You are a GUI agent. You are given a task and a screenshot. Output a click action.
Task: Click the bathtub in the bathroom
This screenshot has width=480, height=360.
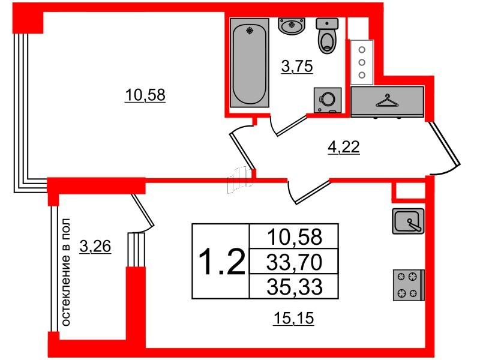click(250, 63)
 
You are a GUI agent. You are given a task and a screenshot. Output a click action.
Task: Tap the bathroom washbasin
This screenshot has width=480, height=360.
click(292, 25)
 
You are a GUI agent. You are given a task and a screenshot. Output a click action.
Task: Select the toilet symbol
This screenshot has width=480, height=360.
click(327, 36)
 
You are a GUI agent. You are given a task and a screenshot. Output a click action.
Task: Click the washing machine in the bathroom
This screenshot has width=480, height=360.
click(328, 100)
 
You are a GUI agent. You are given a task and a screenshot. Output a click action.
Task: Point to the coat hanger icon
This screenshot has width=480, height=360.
click(387, 101)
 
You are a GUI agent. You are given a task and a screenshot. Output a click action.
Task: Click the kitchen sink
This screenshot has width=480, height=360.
click(409, 221)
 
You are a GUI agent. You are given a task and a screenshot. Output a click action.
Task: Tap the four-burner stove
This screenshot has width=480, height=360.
click(409, 285)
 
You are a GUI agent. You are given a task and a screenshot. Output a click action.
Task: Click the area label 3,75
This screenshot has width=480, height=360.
click(297, 67)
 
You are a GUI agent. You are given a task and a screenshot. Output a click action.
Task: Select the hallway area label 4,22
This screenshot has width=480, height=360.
click(343, 147)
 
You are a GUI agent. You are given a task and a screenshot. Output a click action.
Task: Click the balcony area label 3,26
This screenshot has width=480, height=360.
click(95, 247)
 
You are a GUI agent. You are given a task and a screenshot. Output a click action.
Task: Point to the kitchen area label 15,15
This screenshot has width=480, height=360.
click(293, 319)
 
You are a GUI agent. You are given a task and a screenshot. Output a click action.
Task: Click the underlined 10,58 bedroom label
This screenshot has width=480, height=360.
click(145, 95)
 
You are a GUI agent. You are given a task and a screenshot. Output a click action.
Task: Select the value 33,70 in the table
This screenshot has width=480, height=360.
click(294, 262)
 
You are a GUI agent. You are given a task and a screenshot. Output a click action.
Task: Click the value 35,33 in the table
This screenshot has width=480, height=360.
click(295, 287)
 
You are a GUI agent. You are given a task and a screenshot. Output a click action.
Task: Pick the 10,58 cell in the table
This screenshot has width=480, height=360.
click(295, 236)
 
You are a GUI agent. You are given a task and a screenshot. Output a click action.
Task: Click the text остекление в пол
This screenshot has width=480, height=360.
click(65, 272)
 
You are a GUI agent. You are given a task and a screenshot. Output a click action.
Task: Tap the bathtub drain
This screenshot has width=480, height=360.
click(250, 31)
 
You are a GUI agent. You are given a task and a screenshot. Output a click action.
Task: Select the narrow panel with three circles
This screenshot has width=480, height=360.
click(362, 62)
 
